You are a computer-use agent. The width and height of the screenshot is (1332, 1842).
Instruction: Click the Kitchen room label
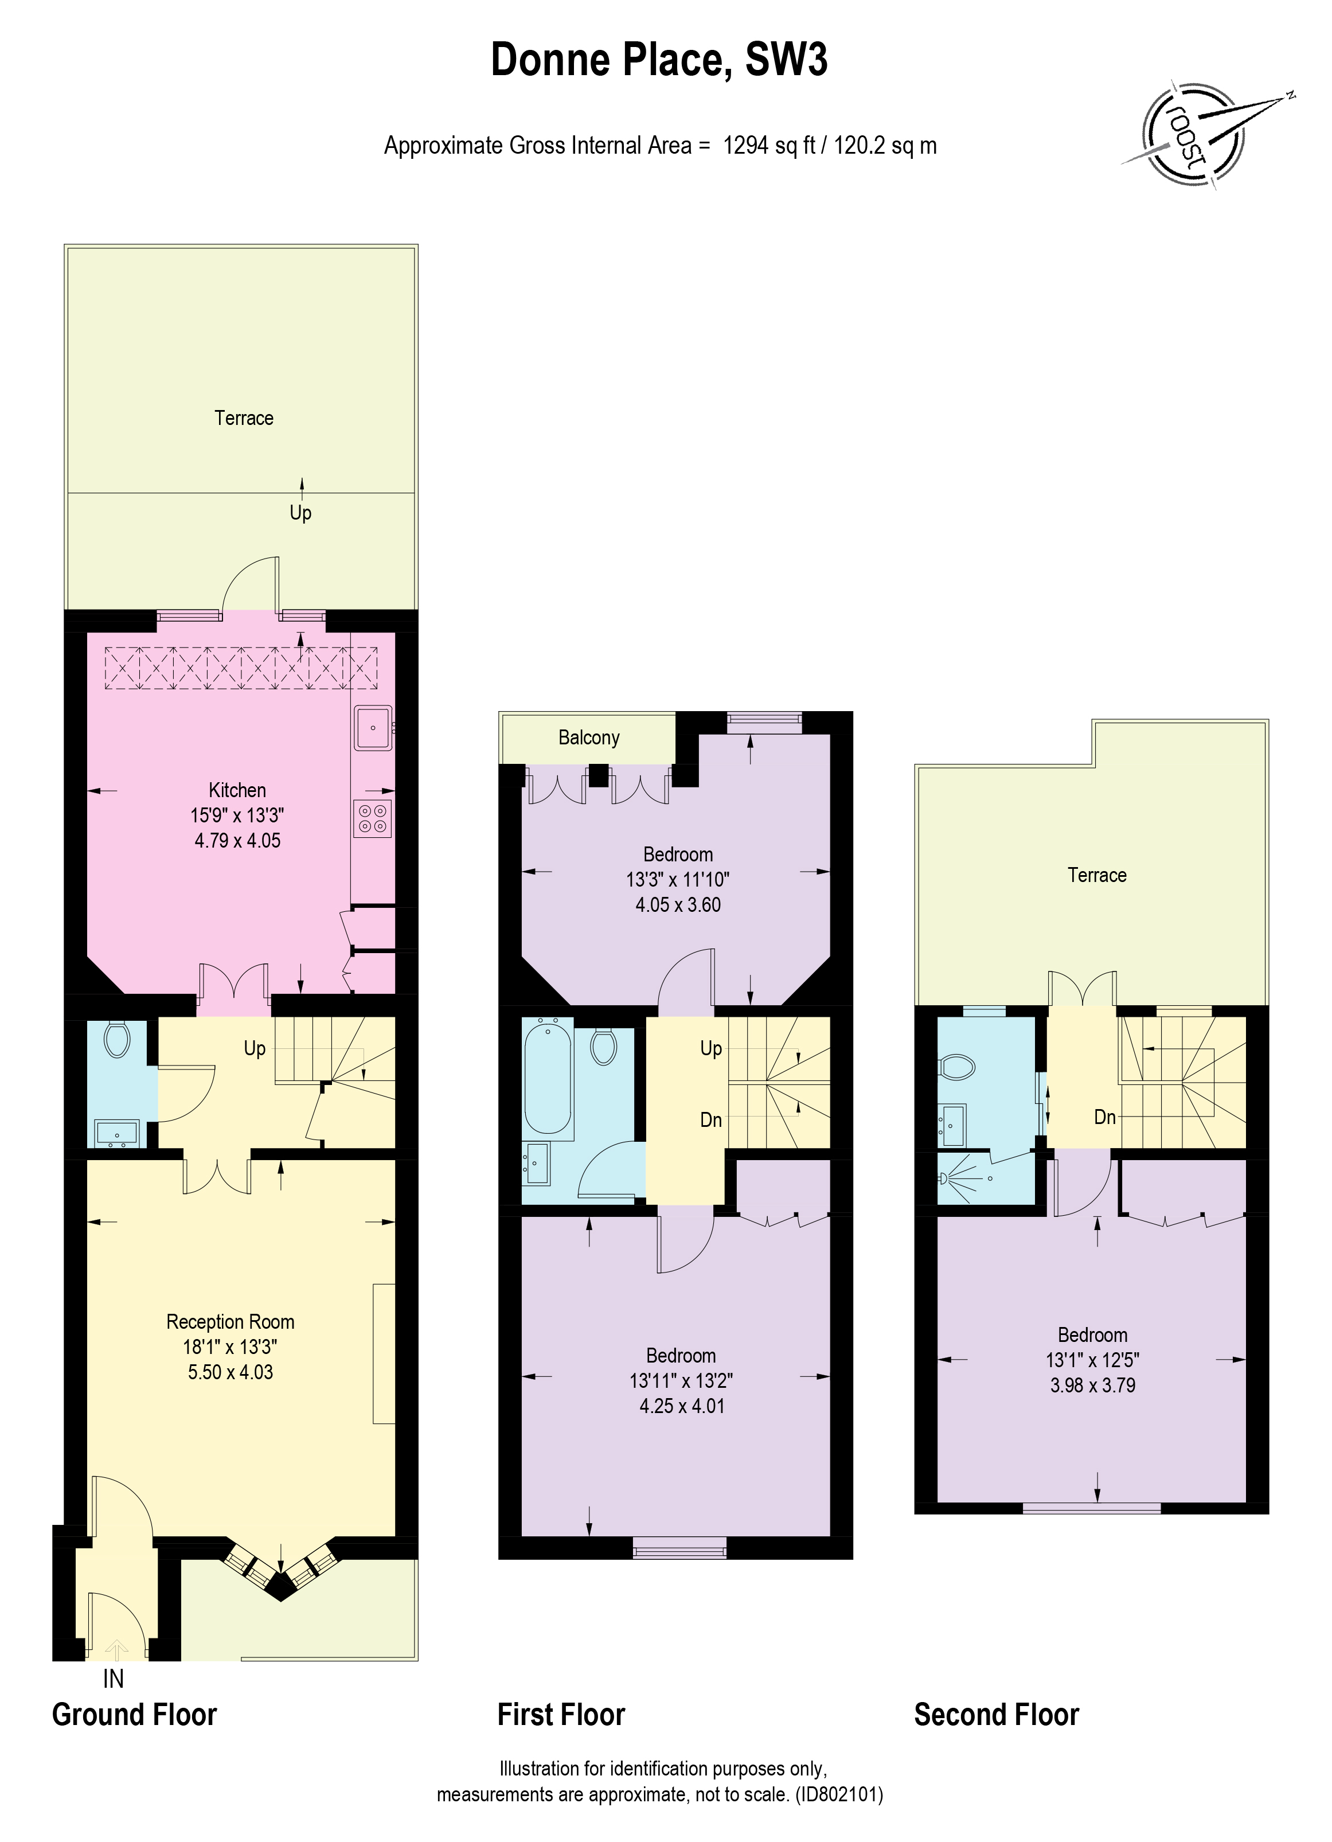click(x=237, y=790)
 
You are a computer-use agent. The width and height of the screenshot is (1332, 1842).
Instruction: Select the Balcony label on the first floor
click(x=589, y=737)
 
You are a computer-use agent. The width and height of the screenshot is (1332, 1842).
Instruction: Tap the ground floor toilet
click(x=118, y=1040)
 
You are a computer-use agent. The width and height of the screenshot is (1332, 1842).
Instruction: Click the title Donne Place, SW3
click(x=659, y=61)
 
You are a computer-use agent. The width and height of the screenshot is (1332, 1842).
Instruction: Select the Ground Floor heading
click(x=135, y=1715)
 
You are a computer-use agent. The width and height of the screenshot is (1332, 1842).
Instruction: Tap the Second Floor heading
click(x=997, y=1715)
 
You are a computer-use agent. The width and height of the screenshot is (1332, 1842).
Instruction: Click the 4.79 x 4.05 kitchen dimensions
click(x=238, y=841)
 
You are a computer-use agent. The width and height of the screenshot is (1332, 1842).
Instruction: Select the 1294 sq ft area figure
click(x=769, y=146)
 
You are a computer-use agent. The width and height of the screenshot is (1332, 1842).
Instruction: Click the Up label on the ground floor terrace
click(x=300, y=513)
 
